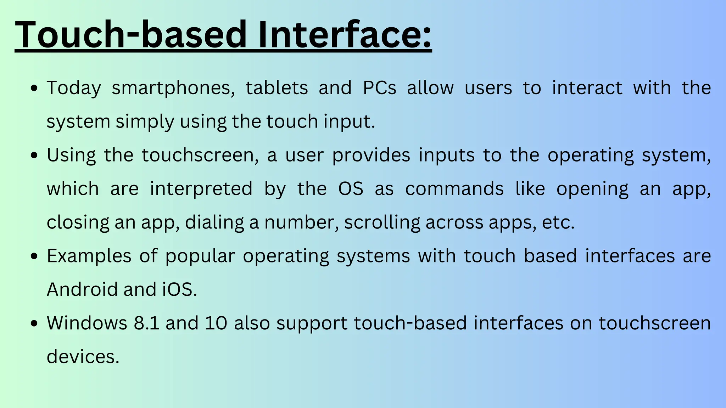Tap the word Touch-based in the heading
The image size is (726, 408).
tap(131, 34)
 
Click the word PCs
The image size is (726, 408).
tap(379, 88)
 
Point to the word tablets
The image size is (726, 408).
tap(277, 88)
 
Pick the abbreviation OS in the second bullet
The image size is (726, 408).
tap(351, 189)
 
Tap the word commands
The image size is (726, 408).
tap(454, 189)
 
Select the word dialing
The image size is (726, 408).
tap(214, 223)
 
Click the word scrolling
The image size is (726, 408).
tap(382, 223)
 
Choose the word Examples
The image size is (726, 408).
tap(89, 256)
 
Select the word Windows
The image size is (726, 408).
tap(87, 323)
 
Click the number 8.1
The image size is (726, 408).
tap(146, 323)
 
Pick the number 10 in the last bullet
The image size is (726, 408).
tap(216, 323)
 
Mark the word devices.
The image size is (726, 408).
tap(83, 357)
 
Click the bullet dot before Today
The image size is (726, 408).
tap(34, 89)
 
